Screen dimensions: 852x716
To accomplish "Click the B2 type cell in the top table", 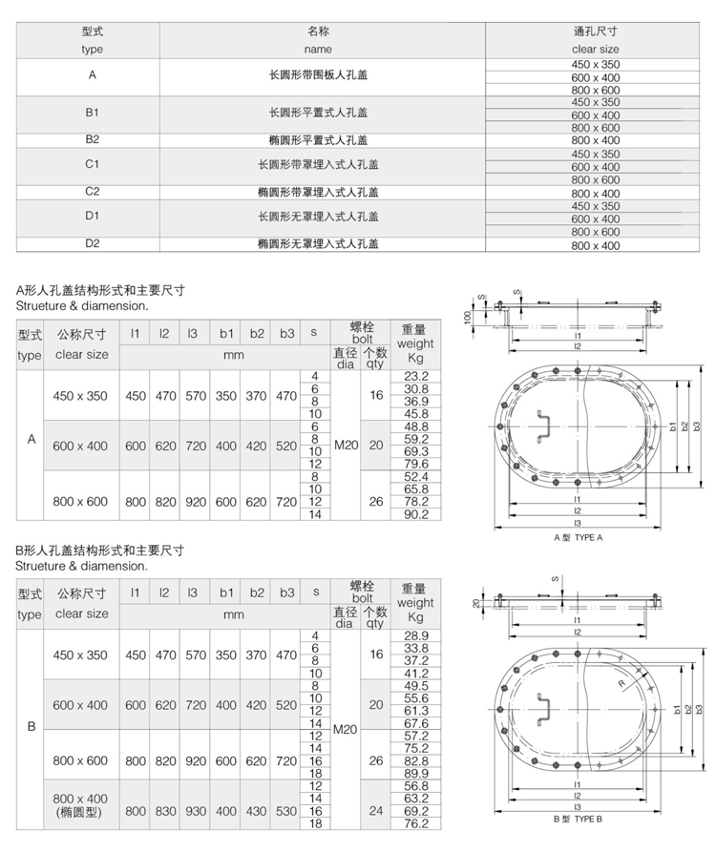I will (93, 139).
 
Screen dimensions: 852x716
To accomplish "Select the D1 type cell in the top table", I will (93, 218).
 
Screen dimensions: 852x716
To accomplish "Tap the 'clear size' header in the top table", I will (595, 49).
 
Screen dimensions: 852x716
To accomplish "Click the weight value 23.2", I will (416, 377).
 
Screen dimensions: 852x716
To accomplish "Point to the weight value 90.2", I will (416, 514).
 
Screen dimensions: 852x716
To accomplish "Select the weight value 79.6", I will (416, 464).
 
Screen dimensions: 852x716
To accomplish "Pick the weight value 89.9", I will (416, 773).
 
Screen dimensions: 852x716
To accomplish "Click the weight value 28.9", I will (416, 635).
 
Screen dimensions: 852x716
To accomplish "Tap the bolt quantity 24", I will (376, 810).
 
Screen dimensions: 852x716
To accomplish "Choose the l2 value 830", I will (165, 810).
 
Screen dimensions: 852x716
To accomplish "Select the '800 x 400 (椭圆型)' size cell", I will (81, 804).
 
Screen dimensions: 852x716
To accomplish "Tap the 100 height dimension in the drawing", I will (467, 316).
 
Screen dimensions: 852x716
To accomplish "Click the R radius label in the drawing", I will (621, 684).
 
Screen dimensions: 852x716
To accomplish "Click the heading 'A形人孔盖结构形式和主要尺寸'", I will (100, 291).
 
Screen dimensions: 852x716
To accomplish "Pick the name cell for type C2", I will (318, 192).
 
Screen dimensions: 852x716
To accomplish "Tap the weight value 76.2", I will (416, 822).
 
